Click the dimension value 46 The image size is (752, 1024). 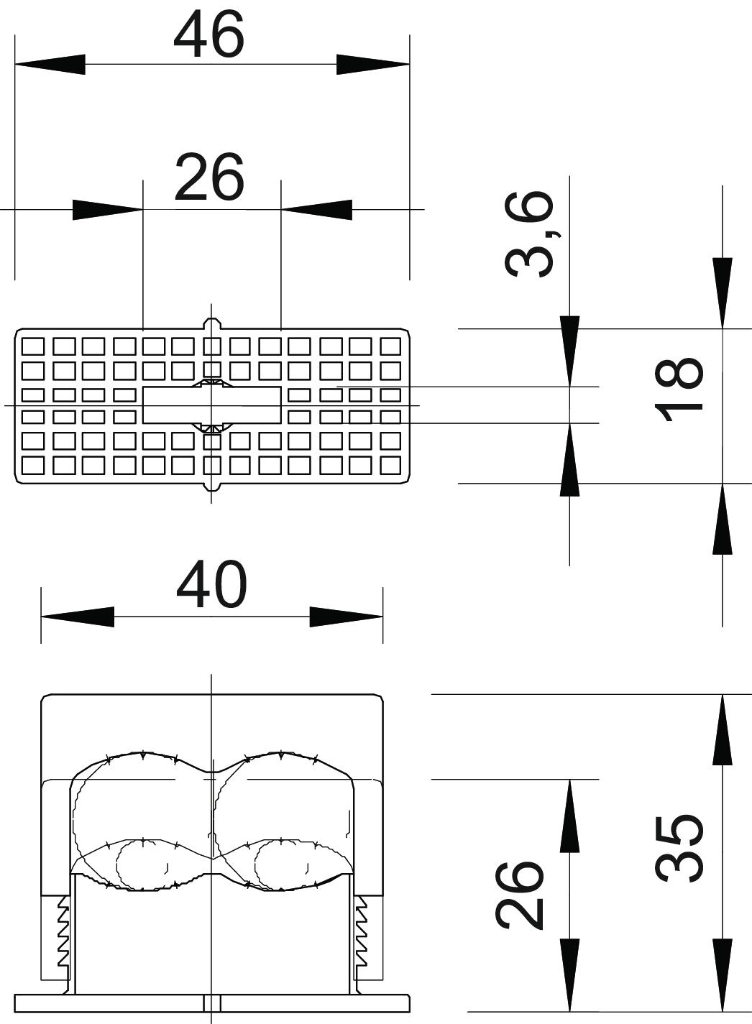pyautogui.click(x=209, y=36)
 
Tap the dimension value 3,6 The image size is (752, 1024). pyautogui.click(x=531, y=234)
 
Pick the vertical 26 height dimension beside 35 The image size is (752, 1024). pyautogui.click(x=520, y=894)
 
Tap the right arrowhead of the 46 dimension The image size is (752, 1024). pyautogui.click(x=373, y=64)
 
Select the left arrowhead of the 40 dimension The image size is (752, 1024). pyautogui.click(x=77, y=617)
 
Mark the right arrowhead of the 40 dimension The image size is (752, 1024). pyautogui.click(x=347, y=617)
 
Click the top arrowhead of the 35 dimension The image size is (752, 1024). pyautogui.click(x=722, y=729)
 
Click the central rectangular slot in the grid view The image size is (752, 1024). pyautogui.click(x=211, y=405)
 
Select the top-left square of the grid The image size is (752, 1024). pyautogui.click(x=32, y=346)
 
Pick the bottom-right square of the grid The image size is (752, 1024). pyautogui.click(x=390, y=466)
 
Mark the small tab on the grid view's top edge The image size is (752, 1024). pyautogui.click(x=211, y=324)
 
